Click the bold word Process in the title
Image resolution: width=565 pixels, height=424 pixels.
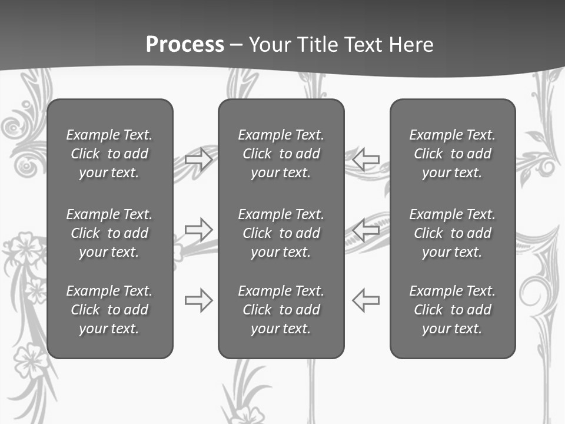[185, 45]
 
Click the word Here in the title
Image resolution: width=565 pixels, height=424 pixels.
[410, 45]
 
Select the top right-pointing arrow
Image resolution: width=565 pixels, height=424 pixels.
[198, 160]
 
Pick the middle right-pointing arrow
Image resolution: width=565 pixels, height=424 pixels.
[198, 229]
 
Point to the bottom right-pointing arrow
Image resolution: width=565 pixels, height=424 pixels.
[198, 300]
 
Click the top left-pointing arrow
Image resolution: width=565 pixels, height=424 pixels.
[366, 160]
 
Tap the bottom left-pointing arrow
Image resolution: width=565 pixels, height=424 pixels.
[366, 300]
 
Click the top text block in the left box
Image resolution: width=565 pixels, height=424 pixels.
[109, 154]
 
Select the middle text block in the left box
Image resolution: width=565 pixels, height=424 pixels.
[109, 233]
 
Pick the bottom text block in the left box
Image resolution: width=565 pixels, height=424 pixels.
[109, 310]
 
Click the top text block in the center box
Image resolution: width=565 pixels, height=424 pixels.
[281, 154]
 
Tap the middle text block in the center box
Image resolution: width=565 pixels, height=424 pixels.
[281, 233]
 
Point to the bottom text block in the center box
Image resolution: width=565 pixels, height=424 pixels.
[281, 310]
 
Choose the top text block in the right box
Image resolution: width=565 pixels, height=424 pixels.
[452, 154]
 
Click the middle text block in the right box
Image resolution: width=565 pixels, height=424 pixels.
[452, 233]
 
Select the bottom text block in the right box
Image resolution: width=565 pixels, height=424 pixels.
[452, 310]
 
